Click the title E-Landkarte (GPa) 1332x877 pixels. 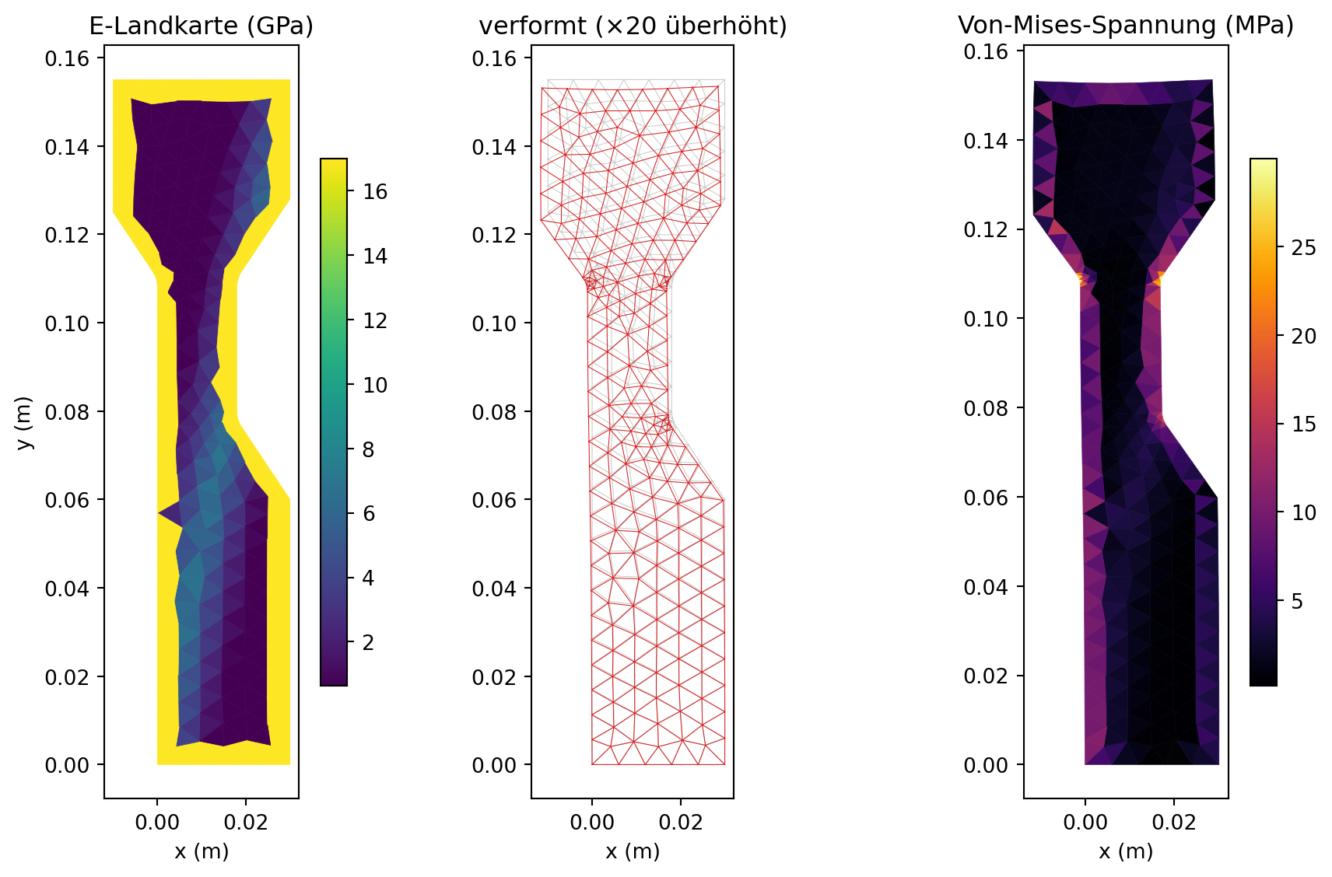coord(201,26)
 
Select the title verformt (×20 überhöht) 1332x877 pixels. coord(633,26)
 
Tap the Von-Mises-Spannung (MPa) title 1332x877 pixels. coord(1126,26)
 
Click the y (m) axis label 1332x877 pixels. coord(24,422)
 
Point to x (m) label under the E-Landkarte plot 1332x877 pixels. coord(202,851)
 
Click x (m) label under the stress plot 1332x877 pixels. coord(1126,851)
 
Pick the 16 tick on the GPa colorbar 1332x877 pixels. coord(375,191)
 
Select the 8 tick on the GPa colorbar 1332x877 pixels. coord(369,449)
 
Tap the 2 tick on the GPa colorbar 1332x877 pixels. coord(369,642)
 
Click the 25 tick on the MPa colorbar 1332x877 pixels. coord(1304,247)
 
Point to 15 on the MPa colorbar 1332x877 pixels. coord(1304,424)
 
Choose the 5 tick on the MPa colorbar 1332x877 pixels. coord(1298,601)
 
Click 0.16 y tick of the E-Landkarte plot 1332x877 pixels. coord(67,58)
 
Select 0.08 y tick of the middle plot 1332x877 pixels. coord(494,412)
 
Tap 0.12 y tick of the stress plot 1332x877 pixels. coord(986,229)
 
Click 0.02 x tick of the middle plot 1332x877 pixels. coord(681,822)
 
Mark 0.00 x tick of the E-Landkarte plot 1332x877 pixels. coord(157,822)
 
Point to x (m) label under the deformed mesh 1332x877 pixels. coord(633,851)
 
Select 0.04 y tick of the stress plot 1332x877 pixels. coord(986,587)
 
